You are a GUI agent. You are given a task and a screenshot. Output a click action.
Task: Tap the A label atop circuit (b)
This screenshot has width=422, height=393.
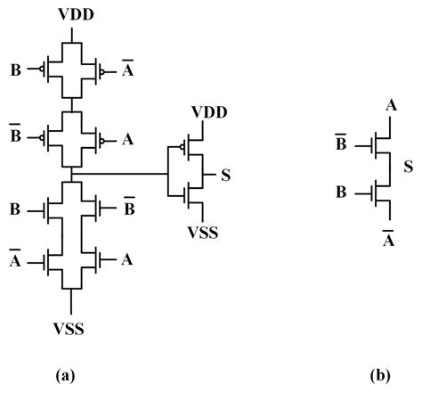[388, 107]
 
